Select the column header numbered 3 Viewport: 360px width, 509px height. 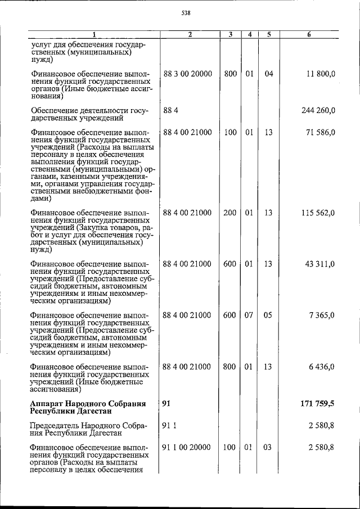pyautogui.click(x=230, y=34)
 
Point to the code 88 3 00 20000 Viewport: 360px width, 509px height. pyautogui.click(x=187, y=74)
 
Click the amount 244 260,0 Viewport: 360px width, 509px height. pyautogui.click(x=318, y=110)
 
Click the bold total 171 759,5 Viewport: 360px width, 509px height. pyautogui.click(x=317, y=404)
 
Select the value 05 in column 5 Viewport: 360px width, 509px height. pyautogui.click(x=268, y=315)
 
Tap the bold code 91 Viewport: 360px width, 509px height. pyautogui.click(x=166, y=404)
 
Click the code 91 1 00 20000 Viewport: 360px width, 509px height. pyautogui.click(x=187, y=447)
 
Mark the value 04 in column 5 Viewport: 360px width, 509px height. pyautogui.click(x=268, y=74)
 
